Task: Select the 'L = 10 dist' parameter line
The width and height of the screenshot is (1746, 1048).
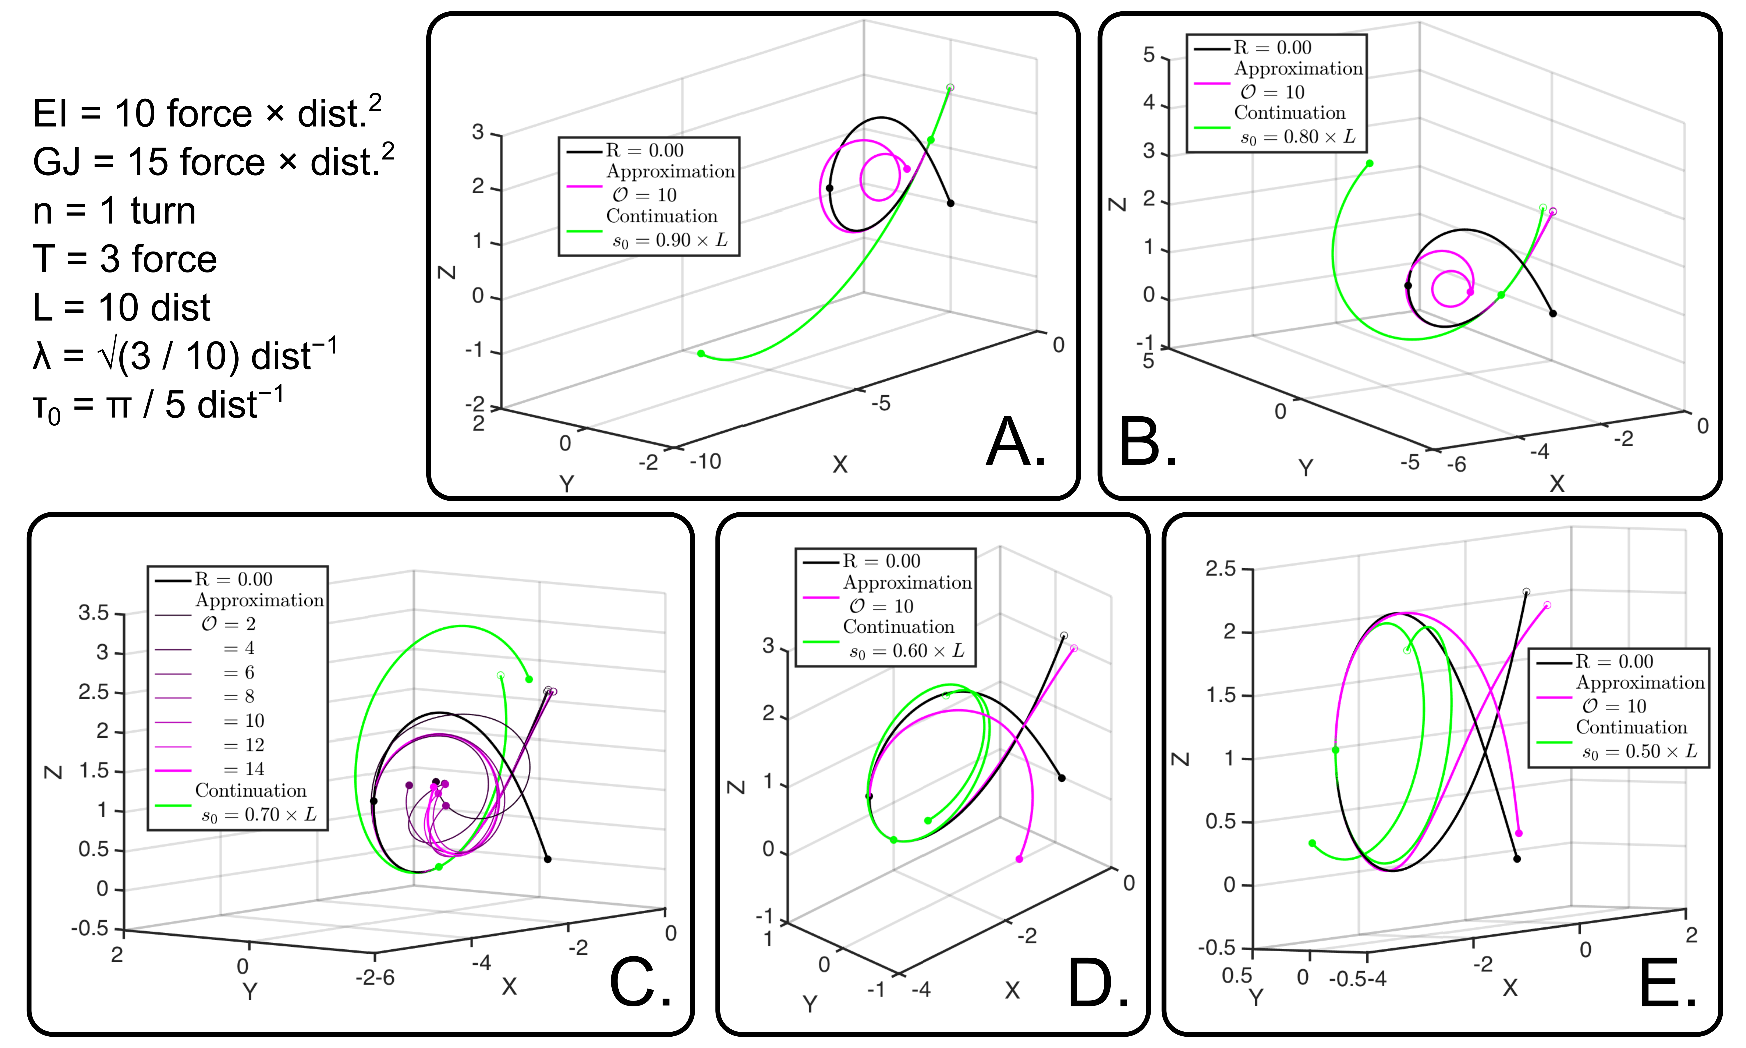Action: tap(121, 307)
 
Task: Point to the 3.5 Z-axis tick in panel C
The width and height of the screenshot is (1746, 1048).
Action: tap(94, 612)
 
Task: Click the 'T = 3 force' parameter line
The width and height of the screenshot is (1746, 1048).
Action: tap(124, 259)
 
